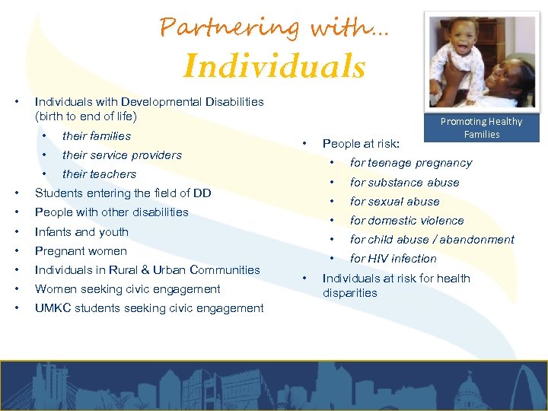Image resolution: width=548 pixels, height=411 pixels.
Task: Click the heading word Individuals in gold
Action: (274, 66)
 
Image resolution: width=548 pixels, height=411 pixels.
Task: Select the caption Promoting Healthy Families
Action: (481, 128)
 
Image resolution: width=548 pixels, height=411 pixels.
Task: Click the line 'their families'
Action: (97, 136)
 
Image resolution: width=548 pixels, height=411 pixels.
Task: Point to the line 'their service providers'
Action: (122, 155)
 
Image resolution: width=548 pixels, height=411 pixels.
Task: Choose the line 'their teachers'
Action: (99, 174)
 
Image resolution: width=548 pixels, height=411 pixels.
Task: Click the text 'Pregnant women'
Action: (81, 251)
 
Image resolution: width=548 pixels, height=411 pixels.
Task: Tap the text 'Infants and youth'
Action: (81, 232)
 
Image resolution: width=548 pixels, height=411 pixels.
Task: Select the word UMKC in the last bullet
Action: (52, 308)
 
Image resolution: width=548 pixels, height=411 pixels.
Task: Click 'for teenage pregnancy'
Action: (411, 163)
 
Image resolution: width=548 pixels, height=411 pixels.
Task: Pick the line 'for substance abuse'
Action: (404, 183)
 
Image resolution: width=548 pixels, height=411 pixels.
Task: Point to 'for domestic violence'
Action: (406, 221)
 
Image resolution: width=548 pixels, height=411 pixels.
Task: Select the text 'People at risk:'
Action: (360, 143)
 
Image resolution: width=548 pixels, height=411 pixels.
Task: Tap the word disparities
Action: (349, 293)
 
